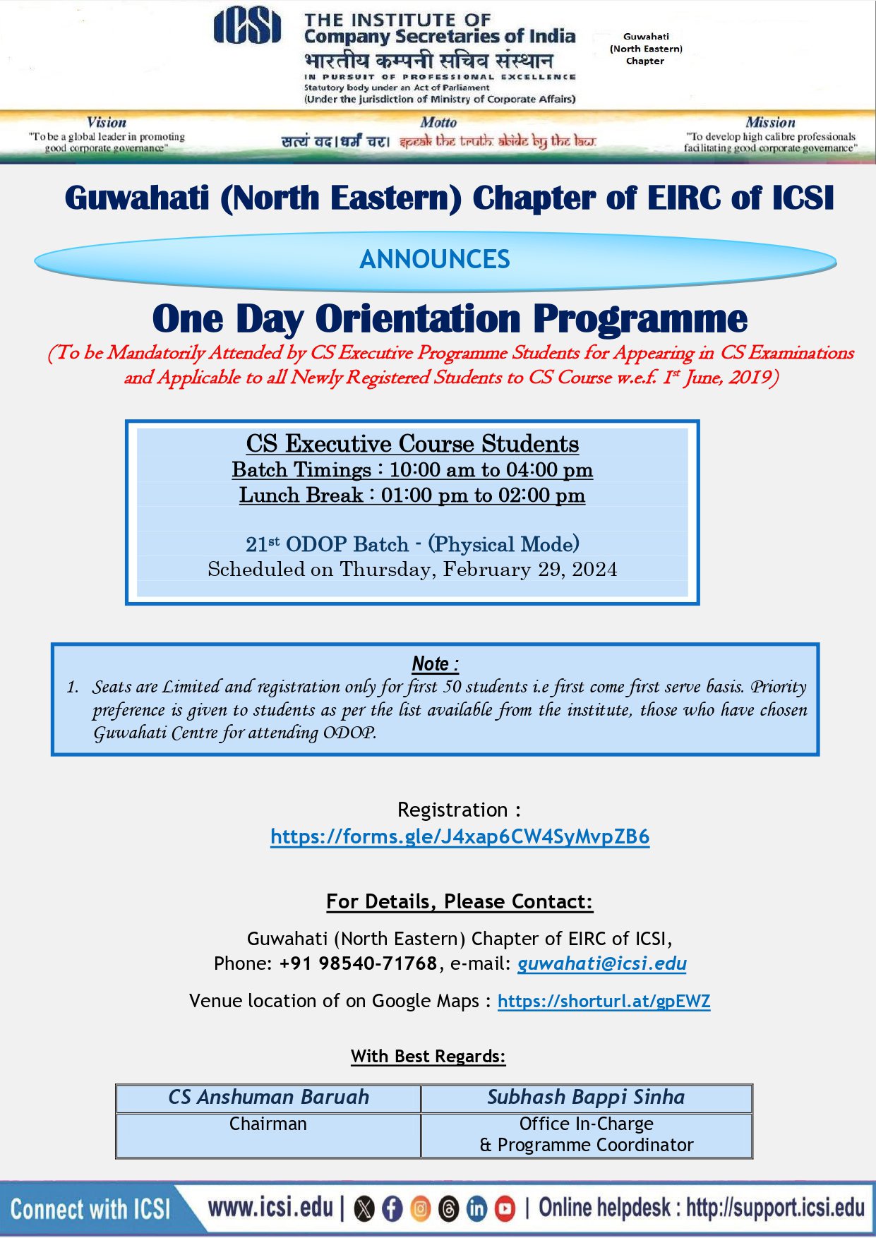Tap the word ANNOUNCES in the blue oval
tap(435, 260)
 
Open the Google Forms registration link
tap(460, 836)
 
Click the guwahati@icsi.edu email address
tap(601, 963)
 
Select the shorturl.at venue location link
tap(604, 1001)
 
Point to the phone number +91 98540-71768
tap(358, 963)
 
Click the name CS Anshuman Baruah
tap(268, 1097)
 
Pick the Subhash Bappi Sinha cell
tap(586, 1097)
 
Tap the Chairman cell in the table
tap(268, 1124)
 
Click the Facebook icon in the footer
tap(392, 1209)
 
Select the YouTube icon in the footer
tap(505, 1209)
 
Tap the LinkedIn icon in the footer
tap(477, 1209)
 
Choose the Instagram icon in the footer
tap(420, 1209)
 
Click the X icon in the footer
tap(364, 1209)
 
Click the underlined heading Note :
tap(435, 664)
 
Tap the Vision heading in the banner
tap(107, 122)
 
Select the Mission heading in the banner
tap(770, 122)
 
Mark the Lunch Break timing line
tap(412, 495)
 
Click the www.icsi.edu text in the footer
tap(270, 1208)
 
